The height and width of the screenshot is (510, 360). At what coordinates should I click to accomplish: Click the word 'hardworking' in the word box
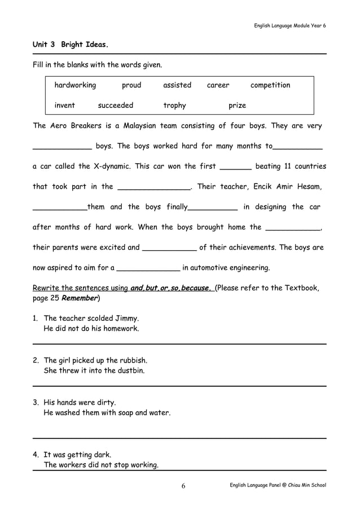click(75, 85)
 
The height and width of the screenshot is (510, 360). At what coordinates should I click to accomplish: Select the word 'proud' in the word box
click(131, 85)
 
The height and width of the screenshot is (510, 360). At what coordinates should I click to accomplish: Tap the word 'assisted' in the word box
click(177, 85)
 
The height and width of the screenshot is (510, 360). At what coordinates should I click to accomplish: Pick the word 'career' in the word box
click(218, 85)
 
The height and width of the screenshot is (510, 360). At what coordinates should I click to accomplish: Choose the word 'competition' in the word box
click(270, 85)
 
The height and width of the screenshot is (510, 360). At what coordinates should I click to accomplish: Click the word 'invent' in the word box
click(64, 106)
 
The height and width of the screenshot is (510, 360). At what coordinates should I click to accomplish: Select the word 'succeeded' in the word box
click(116, 106)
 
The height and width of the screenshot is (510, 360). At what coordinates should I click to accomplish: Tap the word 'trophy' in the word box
click(174, 106)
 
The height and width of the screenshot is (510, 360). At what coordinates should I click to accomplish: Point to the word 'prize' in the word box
click(237, 106)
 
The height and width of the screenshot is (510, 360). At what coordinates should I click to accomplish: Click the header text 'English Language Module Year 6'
click(289, 25)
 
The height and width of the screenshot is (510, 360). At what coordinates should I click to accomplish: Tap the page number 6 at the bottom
click(183, 486)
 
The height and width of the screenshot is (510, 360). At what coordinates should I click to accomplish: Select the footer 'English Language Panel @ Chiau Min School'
click(278, 485)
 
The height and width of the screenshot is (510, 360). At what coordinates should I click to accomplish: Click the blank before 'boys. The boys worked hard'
click(62, 148)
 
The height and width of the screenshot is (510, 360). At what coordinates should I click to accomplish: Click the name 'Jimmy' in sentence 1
click(127, 318)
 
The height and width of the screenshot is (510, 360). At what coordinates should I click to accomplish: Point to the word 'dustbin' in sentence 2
click(130, 370)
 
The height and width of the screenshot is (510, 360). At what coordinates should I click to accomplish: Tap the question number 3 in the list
click(36, 403)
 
